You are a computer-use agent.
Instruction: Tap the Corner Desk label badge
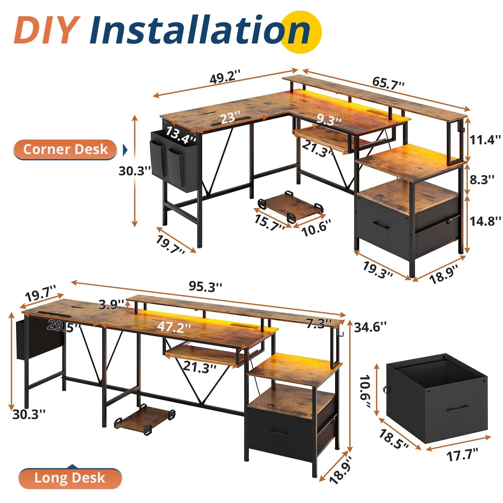tap(65, 149)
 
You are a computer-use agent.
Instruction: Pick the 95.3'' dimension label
tap(206, 286)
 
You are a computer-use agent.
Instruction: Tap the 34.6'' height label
tap(370, 327)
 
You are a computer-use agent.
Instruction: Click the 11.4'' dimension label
tap(484, 140)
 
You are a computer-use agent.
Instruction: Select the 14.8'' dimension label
tap(485, 221)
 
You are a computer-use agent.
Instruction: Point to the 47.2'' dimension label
tap(174, 327)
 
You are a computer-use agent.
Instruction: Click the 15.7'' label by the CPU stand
tap(269, 221)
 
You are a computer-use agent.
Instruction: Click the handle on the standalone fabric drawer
tap(458, 409)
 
